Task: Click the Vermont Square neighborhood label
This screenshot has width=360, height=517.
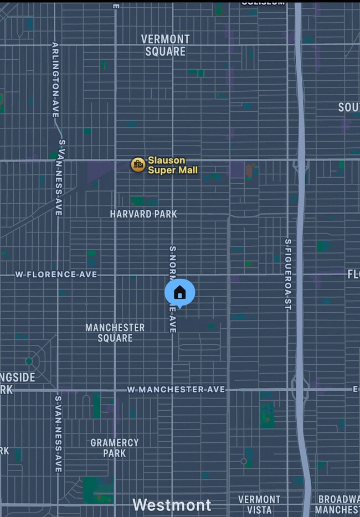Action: click(x=165, y=45)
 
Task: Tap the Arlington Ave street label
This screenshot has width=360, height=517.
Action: click(x=55, y=79)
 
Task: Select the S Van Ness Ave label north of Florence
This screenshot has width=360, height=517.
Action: click(x=59, y=177)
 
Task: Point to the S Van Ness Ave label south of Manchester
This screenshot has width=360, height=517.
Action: click(x=58, y=433)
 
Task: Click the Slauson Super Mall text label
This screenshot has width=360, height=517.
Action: click(x=172, y=165)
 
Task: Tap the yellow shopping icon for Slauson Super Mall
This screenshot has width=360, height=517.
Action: click(x=138, y=164)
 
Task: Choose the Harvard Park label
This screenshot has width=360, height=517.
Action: click(x=143, y=214)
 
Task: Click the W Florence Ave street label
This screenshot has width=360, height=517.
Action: click(x=56, y=274)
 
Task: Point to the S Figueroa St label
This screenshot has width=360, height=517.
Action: click(x=287, y=274)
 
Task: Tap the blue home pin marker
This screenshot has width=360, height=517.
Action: click(x=179, y=292)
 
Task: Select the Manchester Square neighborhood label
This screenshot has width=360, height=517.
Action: click(x=115, y=333)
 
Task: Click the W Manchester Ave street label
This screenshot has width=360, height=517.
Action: click(x=176, y=390)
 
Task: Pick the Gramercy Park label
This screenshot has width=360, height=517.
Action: click(x=114, y=447)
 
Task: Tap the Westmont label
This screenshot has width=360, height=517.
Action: click(x=172, y=505)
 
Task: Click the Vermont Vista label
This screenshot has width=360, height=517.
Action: click(x=259, y=504)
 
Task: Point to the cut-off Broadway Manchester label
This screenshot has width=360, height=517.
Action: click(x=337, y=504)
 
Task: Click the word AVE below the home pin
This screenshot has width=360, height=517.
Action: click(x=172, y=324)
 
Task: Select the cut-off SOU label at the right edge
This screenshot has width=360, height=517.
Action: click(x=348, y=107)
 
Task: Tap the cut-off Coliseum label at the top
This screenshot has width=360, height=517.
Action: click(x=263, y=2)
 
